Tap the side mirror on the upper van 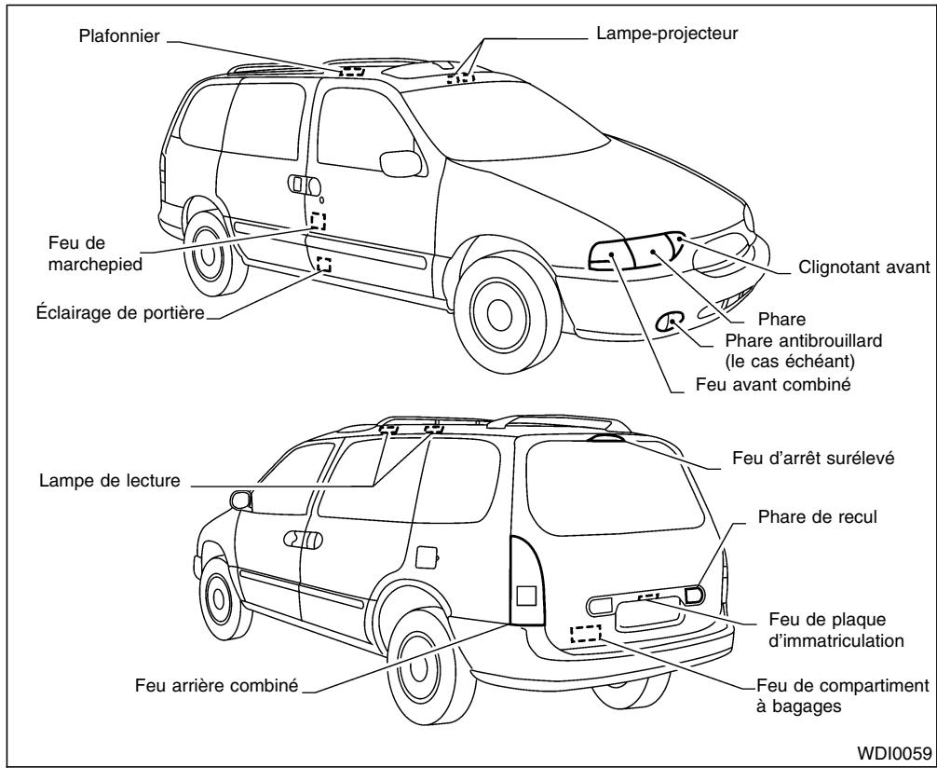click(x=401, y=161)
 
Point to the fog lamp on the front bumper click(x=669, y=323)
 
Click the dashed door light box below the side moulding click(x=323, y=265)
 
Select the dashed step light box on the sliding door click(x=319, y=221)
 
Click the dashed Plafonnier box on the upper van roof click(x=351, y=70)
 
